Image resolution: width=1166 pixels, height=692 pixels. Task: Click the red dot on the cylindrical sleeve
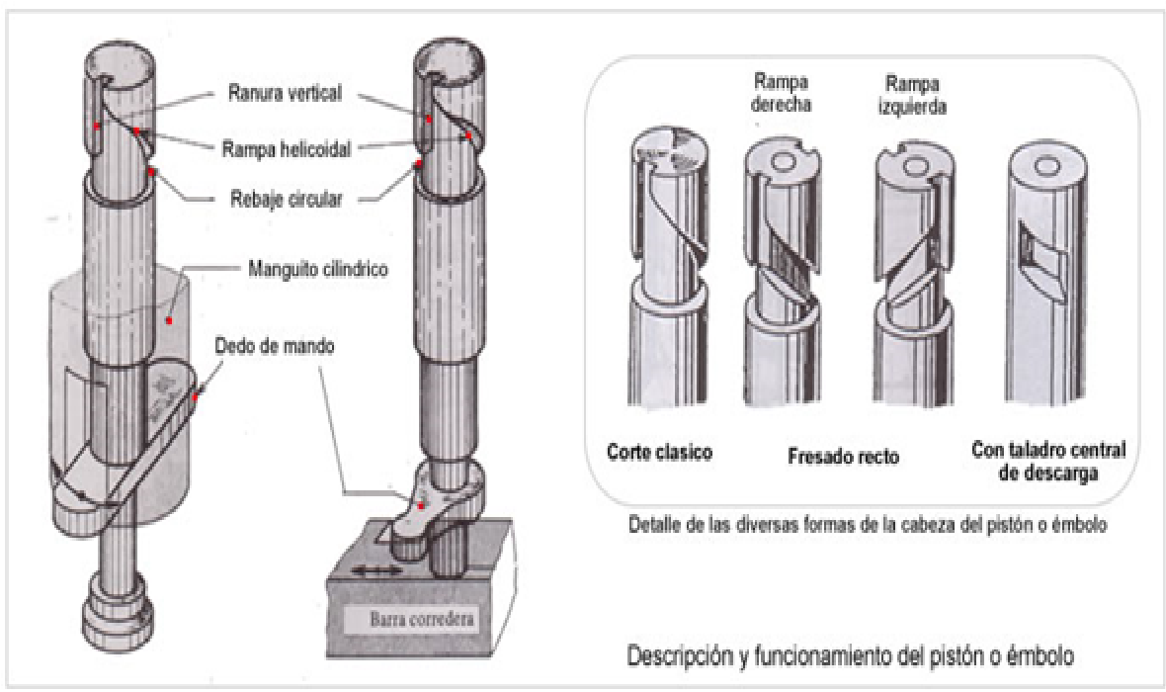pos(169,321)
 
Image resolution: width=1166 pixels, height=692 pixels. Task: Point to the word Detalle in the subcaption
pos(658,523)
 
